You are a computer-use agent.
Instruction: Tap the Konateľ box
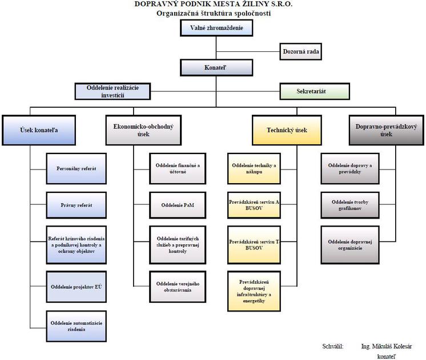212,68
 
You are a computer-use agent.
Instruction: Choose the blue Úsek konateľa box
38,130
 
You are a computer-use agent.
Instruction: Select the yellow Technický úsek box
287,130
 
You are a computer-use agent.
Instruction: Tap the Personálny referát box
77,169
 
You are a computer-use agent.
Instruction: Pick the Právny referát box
77,204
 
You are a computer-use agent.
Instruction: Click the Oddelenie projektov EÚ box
77,286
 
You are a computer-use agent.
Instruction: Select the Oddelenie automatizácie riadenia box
77,326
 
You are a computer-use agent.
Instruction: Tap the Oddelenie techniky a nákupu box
254,169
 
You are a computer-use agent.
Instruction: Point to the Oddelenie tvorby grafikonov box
349,204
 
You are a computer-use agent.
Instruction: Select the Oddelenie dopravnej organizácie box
349,245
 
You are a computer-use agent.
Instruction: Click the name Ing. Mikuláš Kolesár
385,346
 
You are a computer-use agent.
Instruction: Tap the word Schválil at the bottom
333,346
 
